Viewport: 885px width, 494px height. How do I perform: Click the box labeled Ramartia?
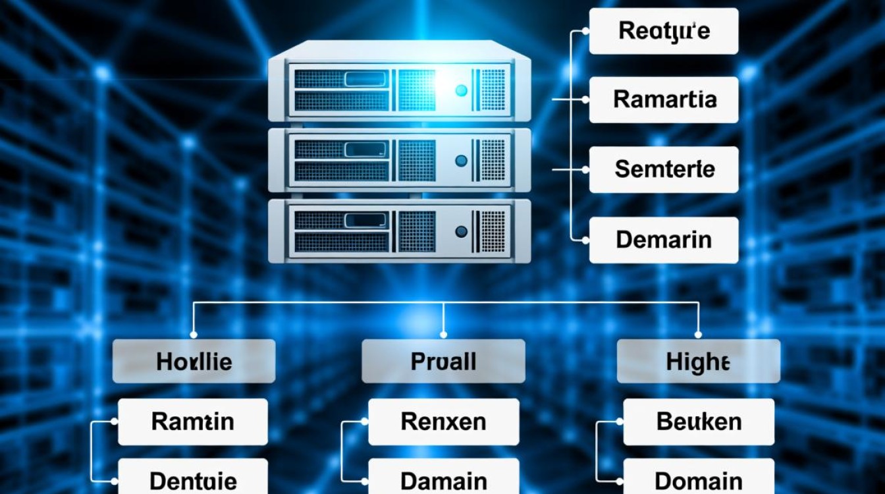click(663, 99)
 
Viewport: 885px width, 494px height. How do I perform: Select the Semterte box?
click(663, 170)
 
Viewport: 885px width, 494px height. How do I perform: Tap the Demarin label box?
click(663, 240)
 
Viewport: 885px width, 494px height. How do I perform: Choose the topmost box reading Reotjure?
click(663, 31)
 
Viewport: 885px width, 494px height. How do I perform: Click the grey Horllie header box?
click(194, 361)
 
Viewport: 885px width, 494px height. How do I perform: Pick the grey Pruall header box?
click(443, 361)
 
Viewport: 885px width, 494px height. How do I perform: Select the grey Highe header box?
click(698, 361)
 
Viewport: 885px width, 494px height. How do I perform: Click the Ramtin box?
click(193, 422)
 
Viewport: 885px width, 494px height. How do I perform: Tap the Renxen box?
click(443, 422)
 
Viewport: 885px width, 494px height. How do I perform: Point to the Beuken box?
click(699, 422)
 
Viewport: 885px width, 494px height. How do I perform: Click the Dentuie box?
click(193, 480)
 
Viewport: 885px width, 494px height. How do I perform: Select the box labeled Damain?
click(443, 480)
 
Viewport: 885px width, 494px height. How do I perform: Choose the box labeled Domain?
click(699, 480)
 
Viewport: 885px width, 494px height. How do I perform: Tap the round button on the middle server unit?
click(461, 160)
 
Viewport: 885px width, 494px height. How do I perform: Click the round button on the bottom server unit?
click(461, 231)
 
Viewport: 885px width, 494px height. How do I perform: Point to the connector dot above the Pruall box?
click(443, 333)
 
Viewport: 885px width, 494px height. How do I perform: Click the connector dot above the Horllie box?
click(193, 333)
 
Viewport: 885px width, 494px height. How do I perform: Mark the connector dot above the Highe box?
click(698, 333)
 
